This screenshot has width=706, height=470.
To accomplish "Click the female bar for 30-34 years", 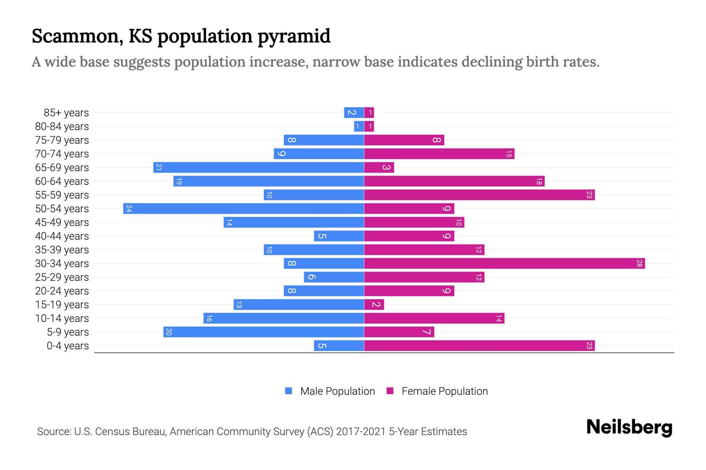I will pos(504,264).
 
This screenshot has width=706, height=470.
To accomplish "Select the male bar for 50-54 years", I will pos(243,209).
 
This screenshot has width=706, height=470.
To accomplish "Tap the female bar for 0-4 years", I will pos(479,346).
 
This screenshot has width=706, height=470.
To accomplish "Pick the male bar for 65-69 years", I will pos(258,168).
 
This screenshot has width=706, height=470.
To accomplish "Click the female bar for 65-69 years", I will pos(379,168).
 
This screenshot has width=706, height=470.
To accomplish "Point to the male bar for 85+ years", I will pos(354,113).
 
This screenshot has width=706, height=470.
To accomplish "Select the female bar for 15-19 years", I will pos(374,305).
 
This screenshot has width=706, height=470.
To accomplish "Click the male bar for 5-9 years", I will pos(264,332).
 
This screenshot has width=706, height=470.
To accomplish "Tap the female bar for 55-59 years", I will pos(479,195).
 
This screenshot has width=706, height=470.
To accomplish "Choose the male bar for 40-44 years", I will pos(339,236).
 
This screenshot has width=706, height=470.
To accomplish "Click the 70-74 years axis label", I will pos(62,154).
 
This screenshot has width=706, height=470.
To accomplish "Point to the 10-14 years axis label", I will pos(62,318).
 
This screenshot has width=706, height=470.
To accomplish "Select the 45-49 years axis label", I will pos(62,222).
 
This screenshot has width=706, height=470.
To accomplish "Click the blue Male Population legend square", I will pos(289,391).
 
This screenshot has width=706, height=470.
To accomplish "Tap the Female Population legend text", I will pos(444,391).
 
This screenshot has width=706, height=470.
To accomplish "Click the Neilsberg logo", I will pos(629,427).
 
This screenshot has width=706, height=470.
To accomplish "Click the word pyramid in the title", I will pos(294,36).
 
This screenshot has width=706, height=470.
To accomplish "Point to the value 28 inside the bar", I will pos(639,264).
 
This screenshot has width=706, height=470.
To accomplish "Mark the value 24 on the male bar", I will pos(129,209).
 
